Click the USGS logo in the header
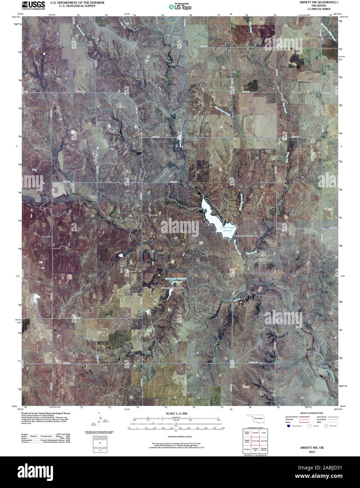pyautogui.click(x=33, y=5)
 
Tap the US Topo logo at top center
pyautogui.click(x=179, y=6)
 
